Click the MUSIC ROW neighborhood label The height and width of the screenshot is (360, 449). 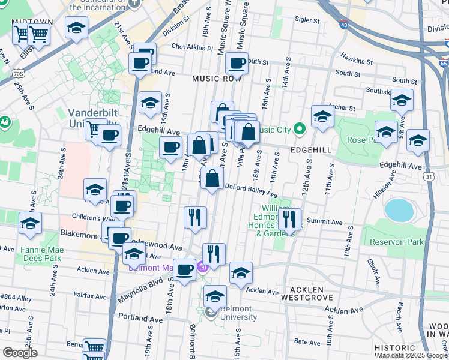[217, 79]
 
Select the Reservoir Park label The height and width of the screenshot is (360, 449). [397, 242]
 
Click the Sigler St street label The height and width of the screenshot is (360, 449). [307, 20]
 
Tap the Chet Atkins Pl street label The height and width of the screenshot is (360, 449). [189, 46]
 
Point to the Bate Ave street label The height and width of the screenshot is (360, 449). [307, 341]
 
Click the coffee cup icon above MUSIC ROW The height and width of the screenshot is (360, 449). [237, 62]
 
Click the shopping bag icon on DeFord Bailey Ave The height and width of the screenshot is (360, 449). [212, 178]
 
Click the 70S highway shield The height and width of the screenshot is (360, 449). [17, 73]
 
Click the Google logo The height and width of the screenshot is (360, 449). [20, 353]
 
